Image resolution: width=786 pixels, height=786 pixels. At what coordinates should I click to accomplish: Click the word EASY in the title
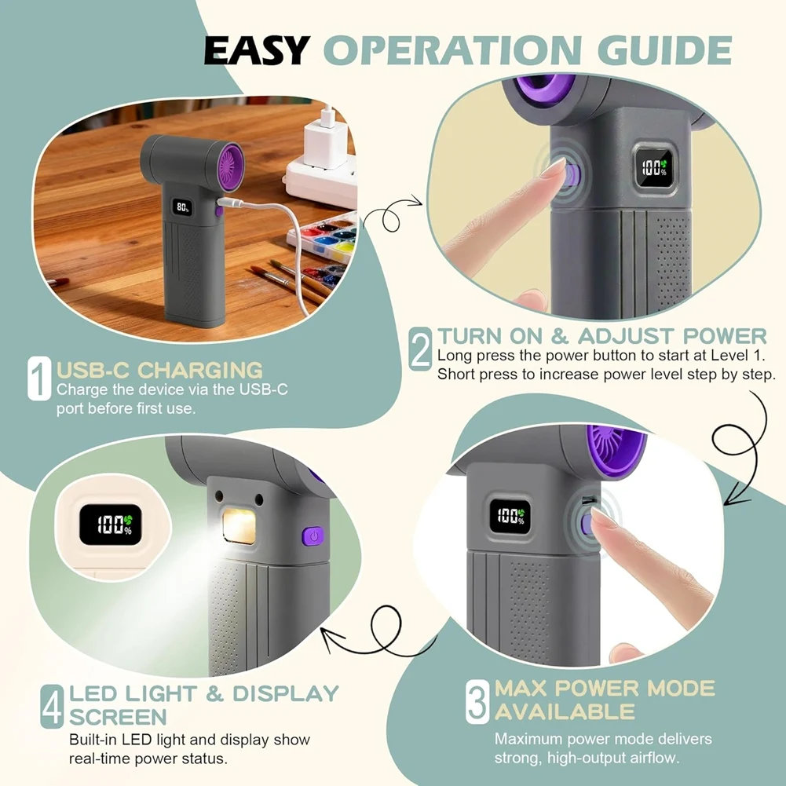[256, 50]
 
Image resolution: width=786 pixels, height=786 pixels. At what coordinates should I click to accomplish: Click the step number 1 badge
[39, 378]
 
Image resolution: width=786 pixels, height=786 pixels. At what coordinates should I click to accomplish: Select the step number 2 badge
[420, 349]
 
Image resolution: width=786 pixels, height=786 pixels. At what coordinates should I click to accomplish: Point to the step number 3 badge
[477, 701]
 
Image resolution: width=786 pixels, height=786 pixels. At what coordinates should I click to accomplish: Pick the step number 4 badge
[52, 706]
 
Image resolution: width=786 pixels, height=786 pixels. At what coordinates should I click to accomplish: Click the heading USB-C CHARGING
[159, 370]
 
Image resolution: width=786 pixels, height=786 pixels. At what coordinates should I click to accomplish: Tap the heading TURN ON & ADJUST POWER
[602, 336]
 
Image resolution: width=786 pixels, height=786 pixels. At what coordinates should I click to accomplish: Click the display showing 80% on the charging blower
[182, 207]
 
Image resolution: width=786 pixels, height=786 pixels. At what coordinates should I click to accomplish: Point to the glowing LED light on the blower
[239, 526]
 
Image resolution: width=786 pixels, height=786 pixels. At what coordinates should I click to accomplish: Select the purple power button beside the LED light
[313, 536]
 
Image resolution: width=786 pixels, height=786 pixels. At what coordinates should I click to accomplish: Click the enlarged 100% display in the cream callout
[111, 525]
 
